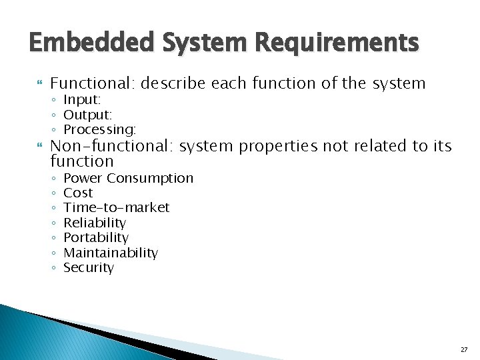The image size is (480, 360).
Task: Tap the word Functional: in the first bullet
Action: (93, 83)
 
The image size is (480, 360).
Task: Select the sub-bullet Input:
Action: (82, 99)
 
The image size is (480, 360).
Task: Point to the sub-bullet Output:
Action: (87, 114)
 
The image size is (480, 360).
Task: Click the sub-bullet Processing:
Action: (99, 129)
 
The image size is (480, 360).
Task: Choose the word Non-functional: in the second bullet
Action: (113, 146)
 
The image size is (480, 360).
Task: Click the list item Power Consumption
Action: (128, 178)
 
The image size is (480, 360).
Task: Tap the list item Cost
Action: (78, 193)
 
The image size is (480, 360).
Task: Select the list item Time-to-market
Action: (116, 207)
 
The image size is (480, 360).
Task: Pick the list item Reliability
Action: (94, 223)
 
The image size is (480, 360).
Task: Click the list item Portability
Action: (95, 237)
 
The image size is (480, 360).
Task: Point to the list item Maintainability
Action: (110, 253)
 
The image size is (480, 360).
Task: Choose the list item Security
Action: (89, 267)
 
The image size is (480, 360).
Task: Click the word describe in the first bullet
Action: (173, 83)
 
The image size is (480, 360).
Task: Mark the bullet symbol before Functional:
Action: (39, 84)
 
